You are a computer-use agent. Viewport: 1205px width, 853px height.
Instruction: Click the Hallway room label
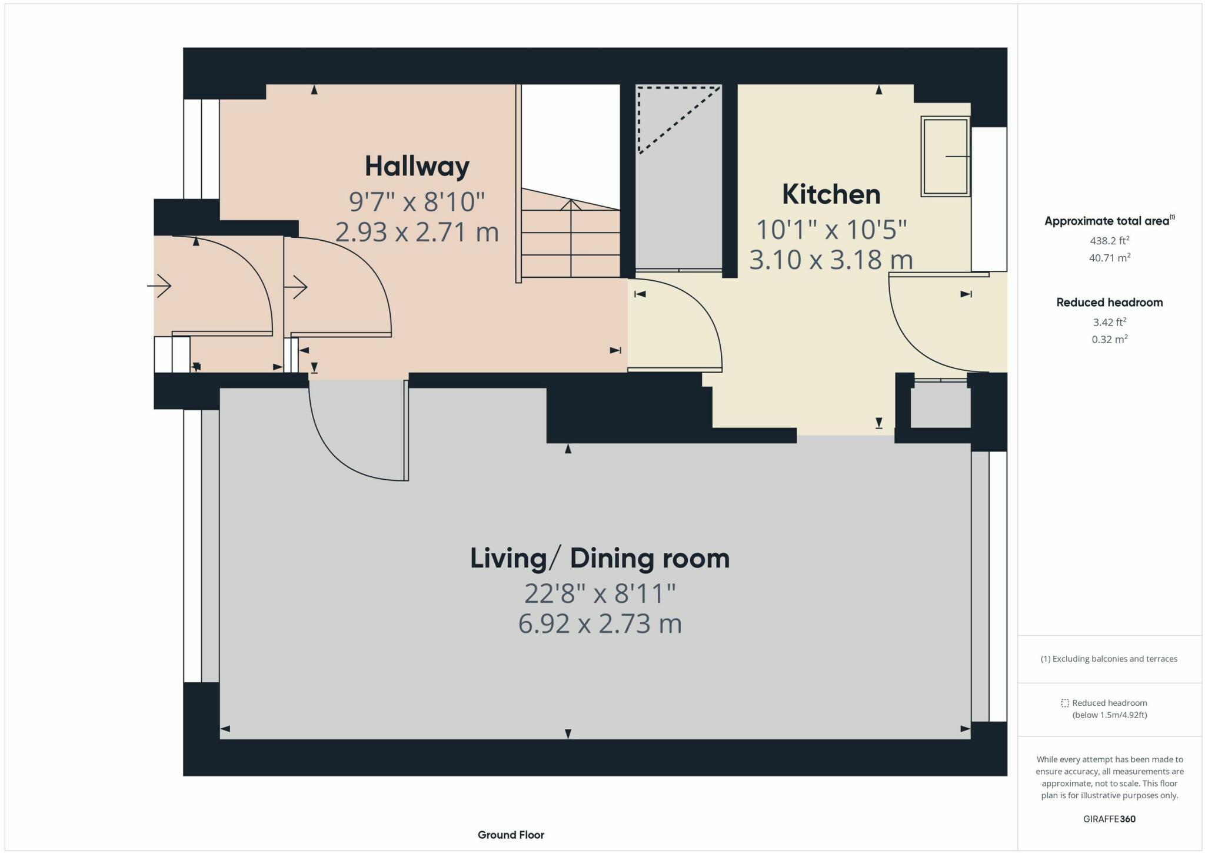tap(417, 167)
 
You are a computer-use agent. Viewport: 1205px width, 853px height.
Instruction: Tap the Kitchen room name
tap(831, 194)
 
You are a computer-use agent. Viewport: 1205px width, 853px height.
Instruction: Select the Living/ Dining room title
tap(600, 558)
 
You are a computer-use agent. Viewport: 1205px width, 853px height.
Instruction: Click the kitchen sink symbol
tap(946, 156)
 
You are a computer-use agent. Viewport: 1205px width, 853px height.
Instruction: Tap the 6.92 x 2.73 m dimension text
tap(600, 623)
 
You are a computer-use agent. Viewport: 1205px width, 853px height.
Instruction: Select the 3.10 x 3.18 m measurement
tap(831, 260)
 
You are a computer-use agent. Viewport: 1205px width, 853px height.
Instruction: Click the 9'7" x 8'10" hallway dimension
tap(417, 202)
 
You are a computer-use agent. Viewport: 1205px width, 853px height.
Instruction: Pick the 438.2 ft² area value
tap(1109, 240)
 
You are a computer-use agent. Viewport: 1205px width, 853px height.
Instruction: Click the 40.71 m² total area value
tap(1109, 257)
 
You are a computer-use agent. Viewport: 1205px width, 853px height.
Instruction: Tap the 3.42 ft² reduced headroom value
tap(1109, 322)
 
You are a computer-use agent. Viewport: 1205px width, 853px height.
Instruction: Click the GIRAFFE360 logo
tap(1109, 819)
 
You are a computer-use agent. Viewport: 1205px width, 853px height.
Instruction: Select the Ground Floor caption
tap(511, 835)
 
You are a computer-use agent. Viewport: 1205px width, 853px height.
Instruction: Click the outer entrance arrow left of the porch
tap(159, 287)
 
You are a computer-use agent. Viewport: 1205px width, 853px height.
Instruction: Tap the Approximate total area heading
tap(1110, 221)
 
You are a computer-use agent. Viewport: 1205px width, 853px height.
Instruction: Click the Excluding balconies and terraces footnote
tap(1109, 659)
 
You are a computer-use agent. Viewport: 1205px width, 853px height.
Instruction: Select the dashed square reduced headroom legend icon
tap(1064, 703)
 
